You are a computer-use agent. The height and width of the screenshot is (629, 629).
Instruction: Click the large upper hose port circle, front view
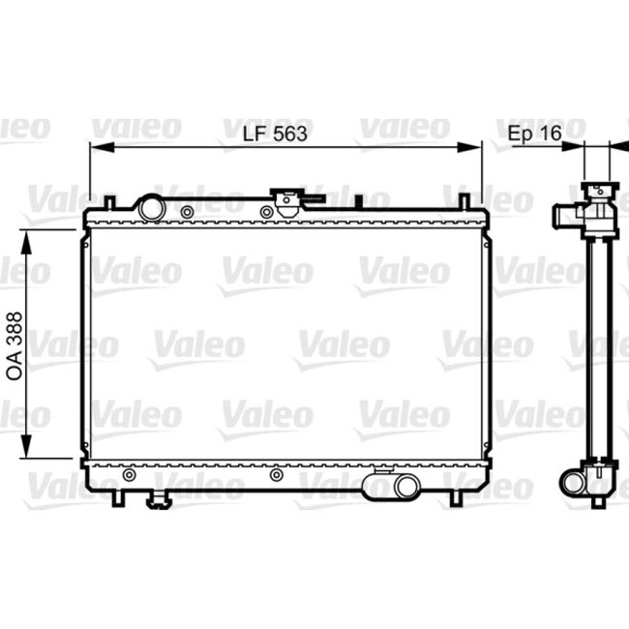pyautogui.click(x=151, y=208)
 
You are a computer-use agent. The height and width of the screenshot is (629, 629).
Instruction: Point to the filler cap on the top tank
pyautogui.click(x=285, y=201)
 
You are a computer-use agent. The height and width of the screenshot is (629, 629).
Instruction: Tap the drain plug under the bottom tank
pyautogui.click(x=158, y=499)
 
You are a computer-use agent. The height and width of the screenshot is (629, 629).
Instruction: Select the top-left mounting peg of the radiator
pyautogui.click(x=111, y=200)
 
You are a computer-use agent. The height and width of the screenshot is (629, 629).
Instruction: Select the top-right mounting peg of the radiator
pyautogui.click(x=464, y=200)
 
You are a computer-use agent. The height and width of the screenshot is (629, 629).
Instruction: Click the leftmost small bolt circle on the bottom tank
pyautogui.click(x=133, y=475)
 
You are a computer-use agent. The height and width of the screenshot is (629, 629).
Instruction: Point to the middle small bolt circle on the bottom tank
pyautogui.click(x=277, y=475)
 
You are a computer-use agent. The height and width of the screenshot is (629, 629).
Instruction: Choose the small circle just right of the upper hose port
pyautogui.click(x=184, y=210)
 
